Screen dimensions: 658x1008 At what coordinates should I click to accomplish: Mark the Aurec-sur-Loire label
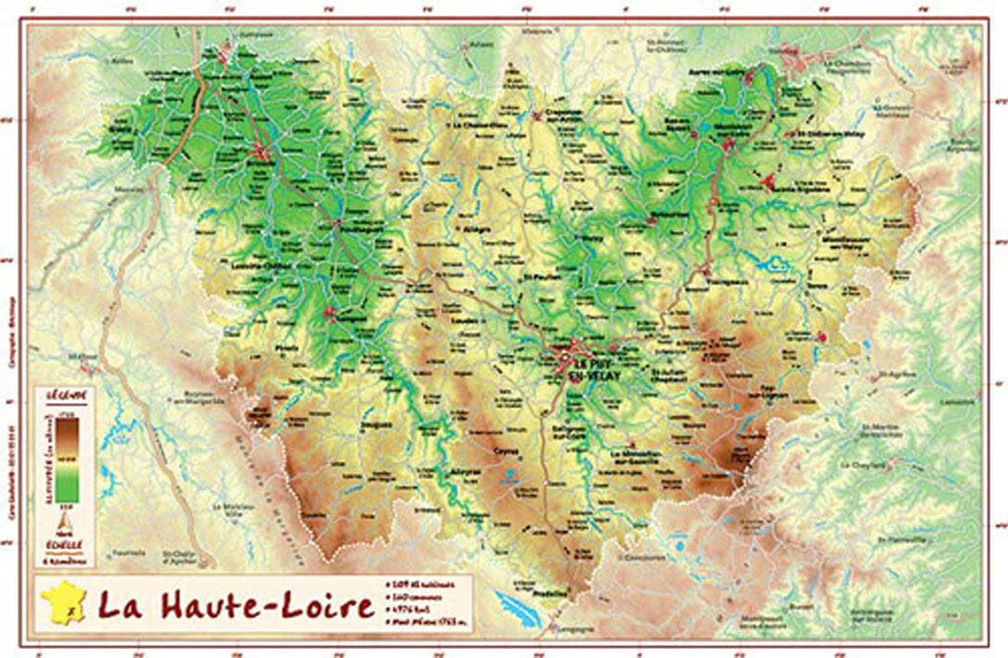[x=719, y=71]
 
